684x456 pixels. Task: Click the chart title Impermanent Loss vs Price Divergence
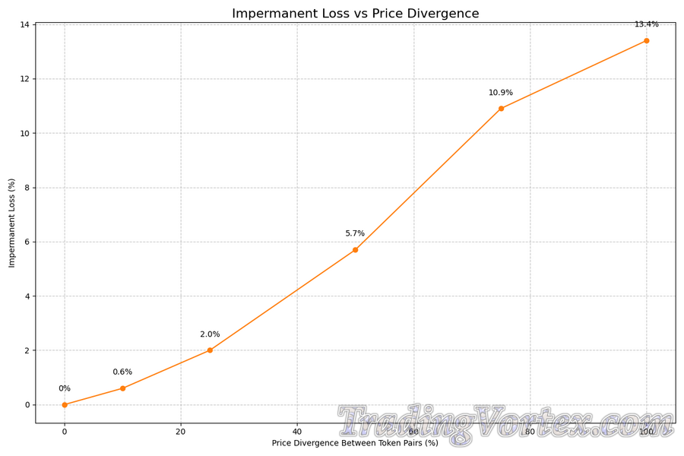coord(356,14)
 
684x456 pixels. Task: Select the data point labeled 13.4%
coord(647,40)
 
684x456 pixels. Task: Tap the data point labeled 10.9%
coord(501,109)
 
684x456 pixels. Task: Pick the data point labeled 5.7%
coord(355,250)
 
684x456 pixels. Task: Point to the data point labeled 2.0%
coord(210,350)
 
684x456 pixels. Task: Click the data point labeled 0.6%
coord(122,388)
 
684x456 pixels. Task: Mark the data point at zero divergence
coord(65,404)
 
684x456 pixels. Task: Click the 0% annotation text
coord(65,388)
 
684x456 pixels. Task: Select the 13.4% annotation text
coord(647,24)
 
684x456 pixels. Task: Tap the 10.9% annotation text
coord(501,93)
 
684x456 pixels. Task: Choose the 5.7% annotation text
coord(355,233)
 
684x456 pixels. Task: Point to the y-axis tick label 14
coord(24,24)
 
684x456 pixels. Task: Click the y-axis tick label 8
coord(27,188)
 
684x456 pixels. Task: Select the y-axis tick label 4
coord(27,296)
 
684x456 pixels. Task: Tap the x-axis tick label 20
coord(181,431)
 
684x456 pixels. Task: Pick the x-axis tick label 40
coord(297,431)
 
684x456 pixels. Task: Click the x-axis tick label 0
coord(65,431)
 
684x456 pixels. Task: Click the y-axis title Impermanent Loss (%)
coord(11,223)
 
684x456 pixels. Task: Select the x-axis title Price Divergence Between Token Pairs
coord(355,443)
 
